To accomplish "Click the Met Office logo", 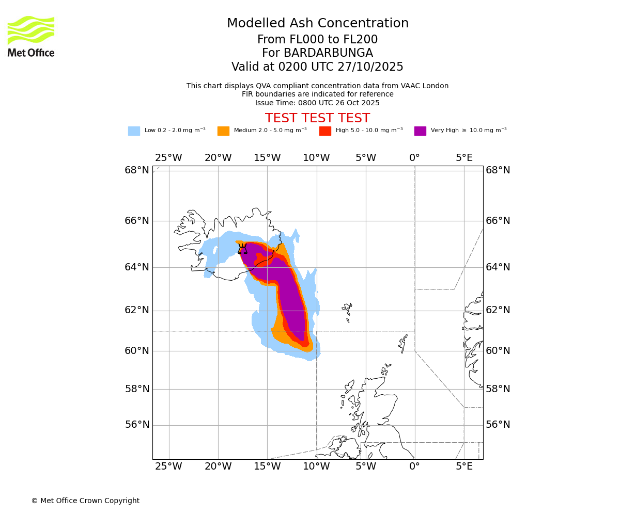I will coord(31,36).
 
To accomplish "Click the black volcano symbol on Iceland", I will coord(242,249).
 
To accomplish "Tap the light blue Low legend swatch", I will coord(134,131).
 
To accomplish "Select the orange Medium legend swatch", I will coord(223,131).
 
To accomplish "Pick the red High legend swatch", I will coord(325,131).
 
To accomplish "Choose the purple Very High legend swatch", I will coord(420,131).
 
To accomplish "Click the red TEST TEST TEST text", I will coord(317,118).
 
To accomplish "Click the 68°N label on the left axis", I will coord(137,170).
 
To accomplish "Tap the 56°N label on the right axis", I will coord(498,425).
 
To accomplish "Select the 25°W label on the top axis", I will coord(168,158).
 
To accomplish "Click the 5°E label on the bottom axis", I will coord(464,467).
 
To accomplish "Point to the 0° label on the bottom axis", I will coord(414,467).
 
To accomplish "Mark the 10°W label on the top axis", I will coord(316,158).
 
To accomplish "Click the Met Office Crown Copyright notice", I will coord(85,501).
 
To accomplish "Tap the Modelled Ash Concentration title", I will coord(317,23).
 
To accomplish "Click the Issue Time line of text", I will coord(317,103).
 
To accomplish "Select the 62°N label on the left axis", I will coord(137,310).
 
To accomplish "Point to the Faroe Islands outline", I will coord(347,311).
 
